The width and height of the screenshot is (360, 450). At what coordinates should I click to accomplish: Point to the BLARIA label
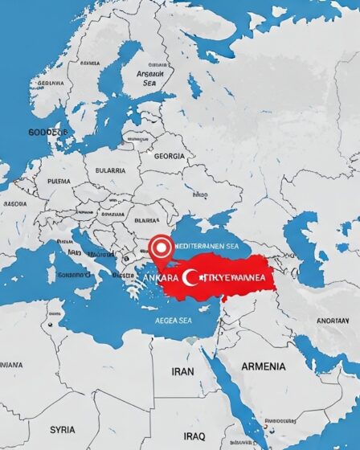click(x=146, y=219)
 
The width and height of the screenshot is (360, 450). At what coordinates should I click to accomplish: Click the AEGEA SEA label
click(x=174, y=318)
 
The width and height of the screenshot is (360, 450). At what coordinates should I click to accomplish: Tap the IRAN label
click(x=183, y=372)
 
